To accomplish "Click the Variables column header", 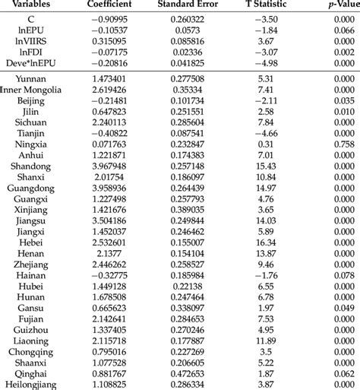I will click(x=28, y=5).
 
